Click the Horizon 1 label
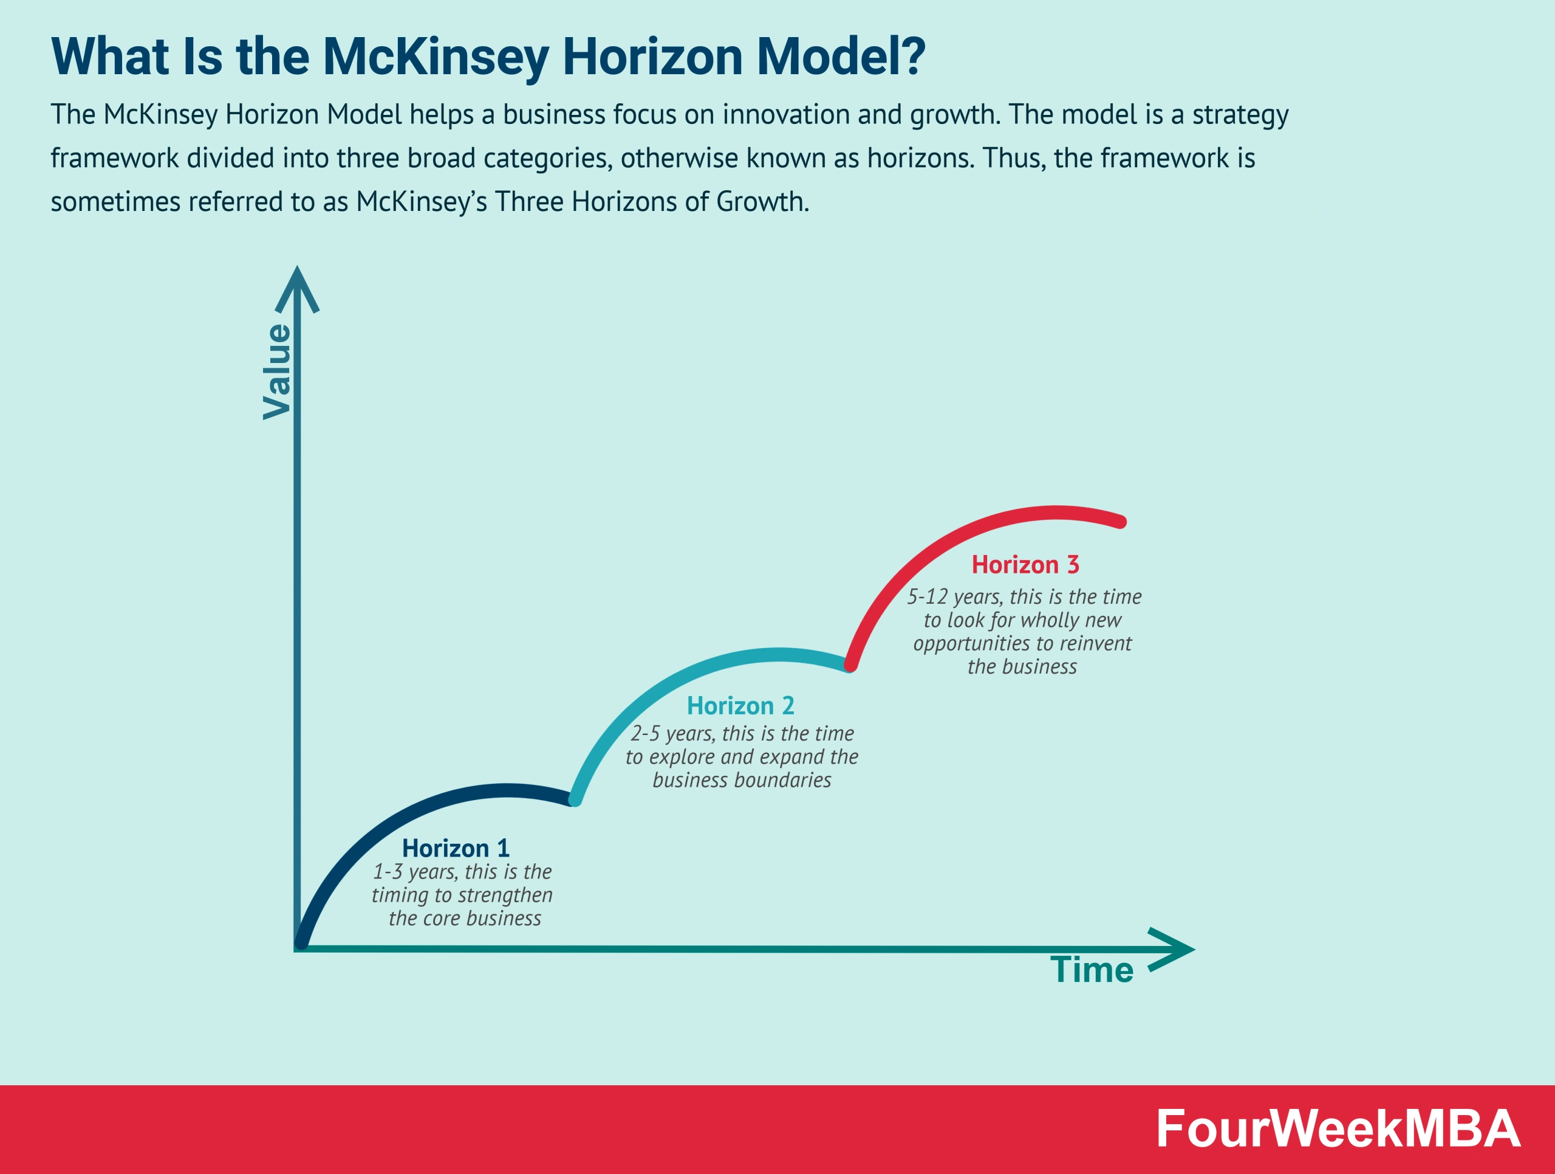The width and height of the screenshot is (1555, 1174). (x=456, y=848)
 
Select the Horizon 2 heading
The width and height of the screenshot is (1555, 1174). (x=740, y=705)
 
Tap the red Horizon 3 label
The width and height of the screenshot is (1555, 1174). (x=1025, y=565)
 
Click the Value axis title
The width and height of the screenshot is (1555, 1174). (x=277, y=372)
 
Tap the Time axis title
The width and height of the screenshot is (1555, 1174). (x=1092, y=970)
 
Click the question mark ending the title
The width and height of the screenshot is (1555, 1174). (x=912, y=57)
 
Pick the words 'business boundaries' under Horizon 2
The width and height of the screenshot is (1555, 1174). (x=742, y=780)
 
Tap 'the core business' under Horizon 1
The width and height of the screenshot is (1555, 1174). (x=465, y=919)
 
